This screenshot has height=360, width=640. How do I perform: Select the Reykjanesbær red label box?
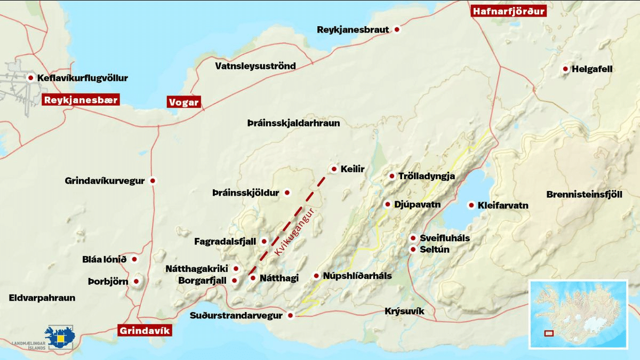pyautogui.click(x=80, y=100)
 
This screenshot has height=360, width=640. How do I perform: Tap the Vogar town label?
pyautogui.click(x=183, y=102)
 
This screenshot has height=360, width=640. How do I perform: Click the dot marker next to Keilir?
pyautogui.click(x=334, y=169)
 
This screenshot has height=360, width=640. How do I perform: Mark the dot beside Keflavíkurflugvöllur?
pyautogui.click(x=30, y=78)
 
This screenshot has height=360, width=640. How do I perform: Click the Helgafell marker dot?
pyautogui.click(x=565, y=69)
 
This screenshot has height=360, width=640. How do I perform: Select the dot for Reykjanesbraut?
pyautogui.click(x=397, y=30)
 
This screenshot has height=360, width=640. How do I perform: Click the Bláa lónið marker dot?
pyautogui.click(x=134, y=259)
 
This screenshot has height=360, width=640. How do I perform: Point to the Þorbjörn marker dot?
pyautogui.click(x=137, y=281)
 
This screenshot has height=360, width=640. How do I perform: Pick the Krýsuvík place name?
pyautogui.click(x=404, y=310)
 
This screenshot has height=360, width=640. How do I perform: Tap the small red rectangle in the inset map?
pyautogui.click(x=548, y=334)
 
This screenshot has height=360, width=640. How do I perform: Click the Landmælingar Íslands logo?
pyautogui.click(x=62, y=337)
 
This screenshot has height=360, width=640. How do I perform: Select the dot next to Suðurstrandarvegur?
pyautogui.click(x=290, y=315)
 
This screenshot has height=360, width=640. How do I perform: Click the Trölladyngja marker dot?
pyautogui.click(x=391, y=176)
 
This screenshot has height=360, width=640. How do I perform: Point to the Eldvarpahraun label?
pyautogui.click(x=42, y=298)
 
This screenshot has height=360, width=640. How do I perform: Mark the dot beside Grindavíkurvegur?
pyautogui.click(x=153, y=181)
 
